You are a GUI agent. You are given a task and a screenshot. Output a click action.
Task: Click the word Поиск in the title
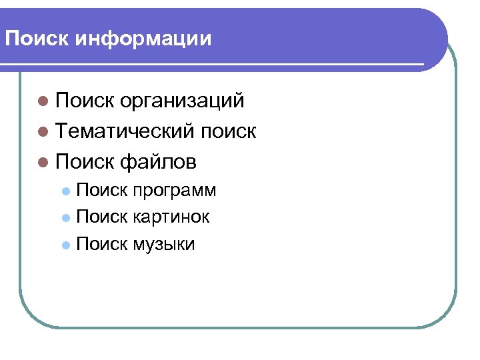[37, 39]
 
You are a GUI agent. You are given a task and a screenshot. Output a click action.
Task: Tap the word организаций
[183, 101]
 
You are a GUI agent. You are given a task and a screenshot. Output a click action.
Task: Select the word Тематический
[126, 131]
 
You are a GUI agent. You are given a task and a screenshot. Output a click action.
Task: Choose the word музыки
[164, 244]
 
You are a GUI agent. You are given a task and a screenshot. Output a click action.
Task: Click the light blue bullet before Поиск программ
[65, 191]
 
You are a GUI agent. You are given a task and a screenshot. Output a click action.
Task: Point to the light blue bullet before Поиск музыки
[65, 245]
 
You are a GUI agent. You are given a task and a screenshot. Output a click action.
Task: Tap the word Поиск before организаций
[86, 101]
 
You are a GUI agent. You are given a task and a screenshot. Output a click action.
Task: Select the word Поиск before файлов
[86, 161]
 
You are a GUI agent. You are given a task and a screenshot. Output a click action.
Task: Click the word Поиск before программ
[102, 191]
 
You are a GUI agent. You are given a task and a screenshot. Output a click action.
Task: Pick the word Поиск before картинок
[102, 217]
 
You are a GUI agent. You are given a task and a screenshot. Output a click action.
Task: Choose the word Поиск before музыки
[102, 244]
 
